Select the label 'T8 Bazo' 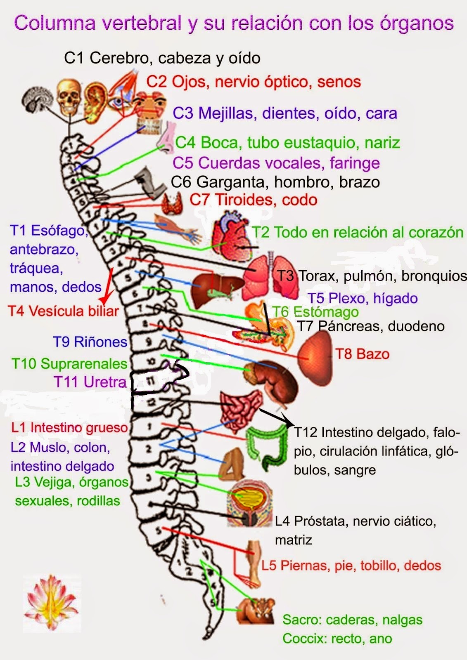coord(362,354)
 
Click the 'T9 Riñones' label coord(90,342)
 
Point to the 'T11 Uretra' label coord(90,382)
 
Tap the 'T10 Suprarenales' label coord(69,364)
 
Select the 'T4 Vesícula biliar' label coord(64,311)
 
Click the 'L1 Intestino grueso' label coord(69,427)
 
